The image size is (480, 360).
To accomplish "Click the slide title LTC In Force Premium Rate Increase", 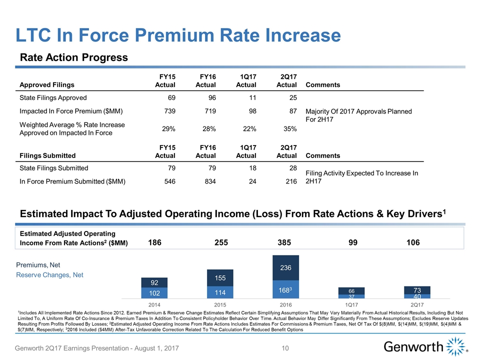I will (178, 34).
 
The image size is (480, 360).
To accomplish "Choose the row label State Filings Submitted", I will (53, 168).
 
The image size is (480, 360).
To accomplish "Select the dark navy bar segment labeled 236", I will (285, 268).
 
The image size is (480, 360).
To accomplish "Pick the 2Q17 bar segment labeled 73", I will (416, 290).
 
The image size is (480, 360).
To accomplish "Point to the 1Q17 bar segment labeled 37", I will (351, 296).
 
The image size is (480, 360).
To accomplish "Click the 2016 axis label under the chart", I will (285, 303).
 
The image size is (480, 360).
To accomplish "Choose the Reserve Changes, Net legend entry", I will (50, 275).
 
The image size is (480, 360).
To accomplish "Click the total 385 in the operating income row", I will (284, 242).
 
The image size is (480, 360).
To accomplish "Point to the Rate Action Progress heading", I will (74, 57).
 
